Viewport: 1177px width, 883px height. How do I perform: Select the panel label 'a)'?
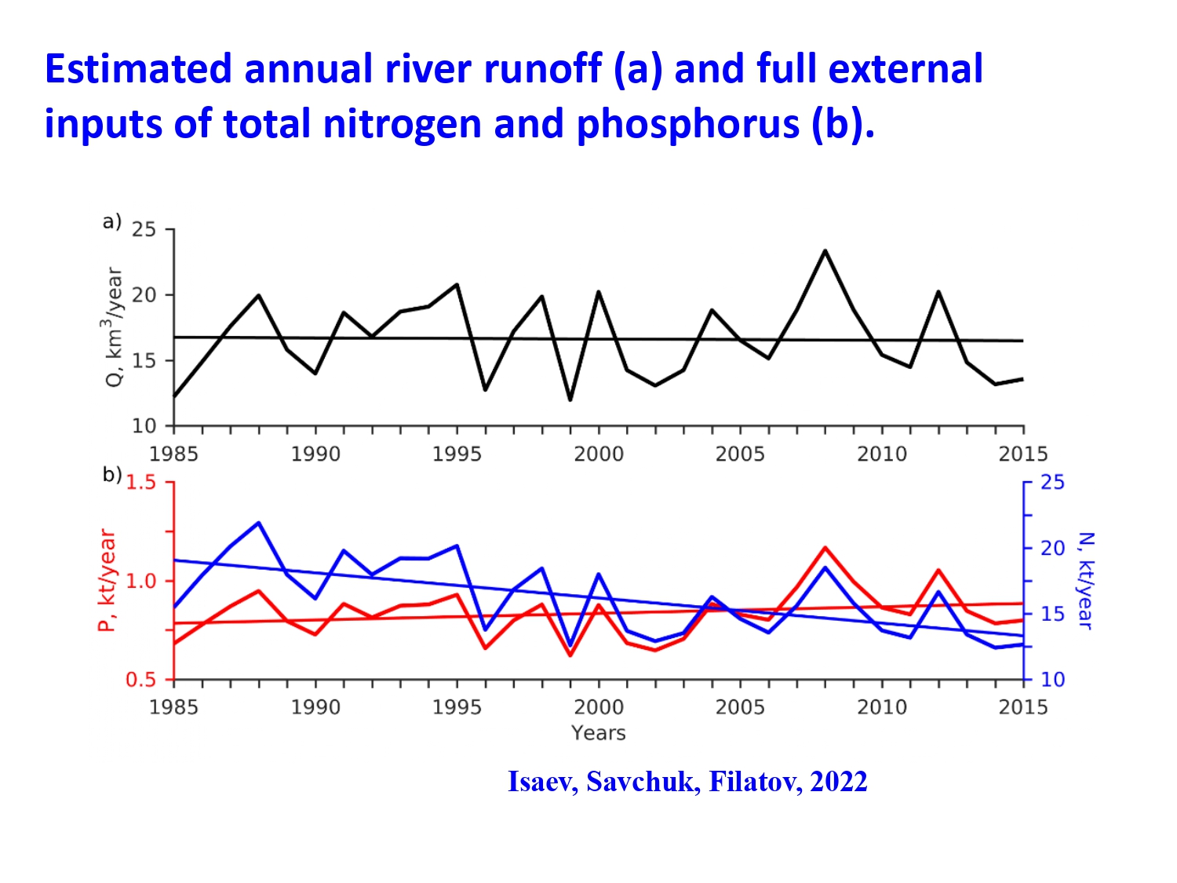(x=111, y=222)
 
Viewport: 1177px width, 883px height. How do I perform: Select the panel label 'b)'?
(x=111, y=475)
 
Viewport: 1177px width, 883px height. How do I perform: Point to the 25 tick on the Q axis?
(x=144, y=230)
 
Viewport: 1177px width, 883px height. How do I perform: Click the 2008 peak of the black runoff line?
(x=825, y=251)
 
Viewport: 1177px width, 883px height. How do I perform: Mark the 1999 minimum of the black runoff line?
(x=570, y=400)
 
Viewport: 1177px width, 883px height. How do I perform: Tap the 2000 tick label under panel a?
(x=599, y=454)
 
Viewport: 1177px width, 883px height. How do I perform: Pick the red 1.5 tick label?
(x=141, y=483)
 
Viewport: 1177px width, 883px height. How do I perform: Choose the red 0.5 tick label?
(x=141, y=680)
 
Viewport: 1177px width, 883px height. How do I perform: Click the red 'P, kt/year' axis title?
(x=107, y=580)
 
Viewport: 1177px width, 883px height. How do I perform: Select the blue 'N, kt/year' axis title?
(x=1085, y=580)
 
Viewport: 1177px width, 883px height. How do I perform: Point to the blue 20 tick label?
(x=1052, y=549)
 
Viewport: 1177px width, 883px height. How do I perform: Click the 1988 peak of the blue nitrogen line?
(x=258, y=523)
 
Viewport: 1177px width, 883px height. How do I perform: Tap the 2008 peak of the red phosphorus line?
(x=825, y=548)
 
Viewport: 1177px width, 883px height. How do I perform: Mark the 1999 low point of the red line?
(x=570, y=655)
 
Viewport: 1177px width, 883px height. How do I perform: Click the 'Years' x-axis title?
(x=599, y=733)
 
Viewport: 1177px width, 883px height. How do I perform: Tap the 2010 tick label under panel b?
(x=882, y=708)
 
